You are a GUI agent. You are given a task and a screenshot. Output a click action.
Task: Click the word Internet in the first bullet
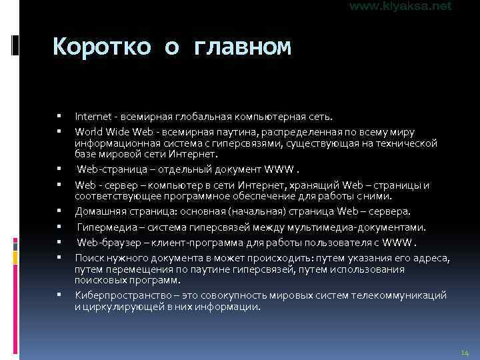click(x=91, y=117)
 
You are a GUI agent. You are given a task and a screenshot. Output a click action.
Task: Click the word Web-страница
click(x=108, y=166)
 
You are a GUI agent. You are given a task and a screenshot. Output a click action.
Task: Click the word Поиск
click(x=87, y=257)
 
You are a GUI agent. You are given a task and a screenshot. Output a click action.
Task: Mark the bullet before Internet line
click(x=60, y=117)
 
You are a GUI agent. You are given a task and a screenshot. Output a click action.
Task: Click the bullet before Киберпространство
click(x=60, y=295)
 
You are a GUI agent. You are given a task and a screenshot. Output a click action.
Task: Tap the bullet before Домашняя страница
click(x=60, y=211)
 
